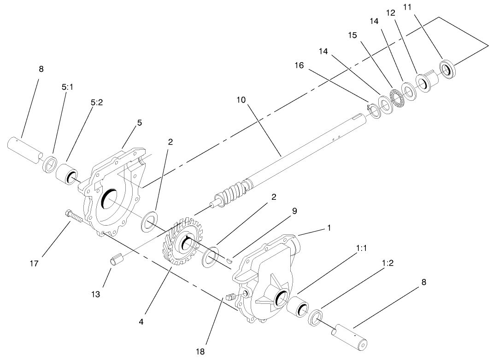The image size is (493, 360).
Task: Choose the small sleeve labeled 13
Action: click(x=116, y=261)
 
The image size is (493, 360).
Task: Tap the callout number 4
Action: click(x=141, y=322)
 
